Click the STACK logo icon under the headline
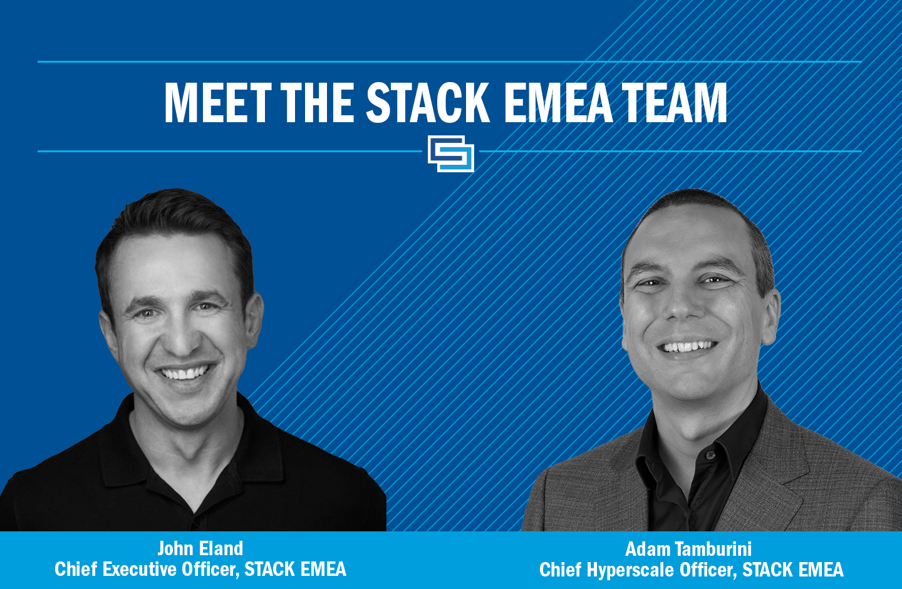pyautogui.click(x=451, y=154)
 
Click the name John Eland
pyautogui.click(x=200, y=548)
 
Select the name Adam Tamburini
pyautogui.click(x=688, y=549)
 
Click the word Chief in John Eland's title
pyautogui.click(x=76, y=569)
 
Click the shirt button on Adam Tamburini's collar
pyautogui.click(x=710, y=456)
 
